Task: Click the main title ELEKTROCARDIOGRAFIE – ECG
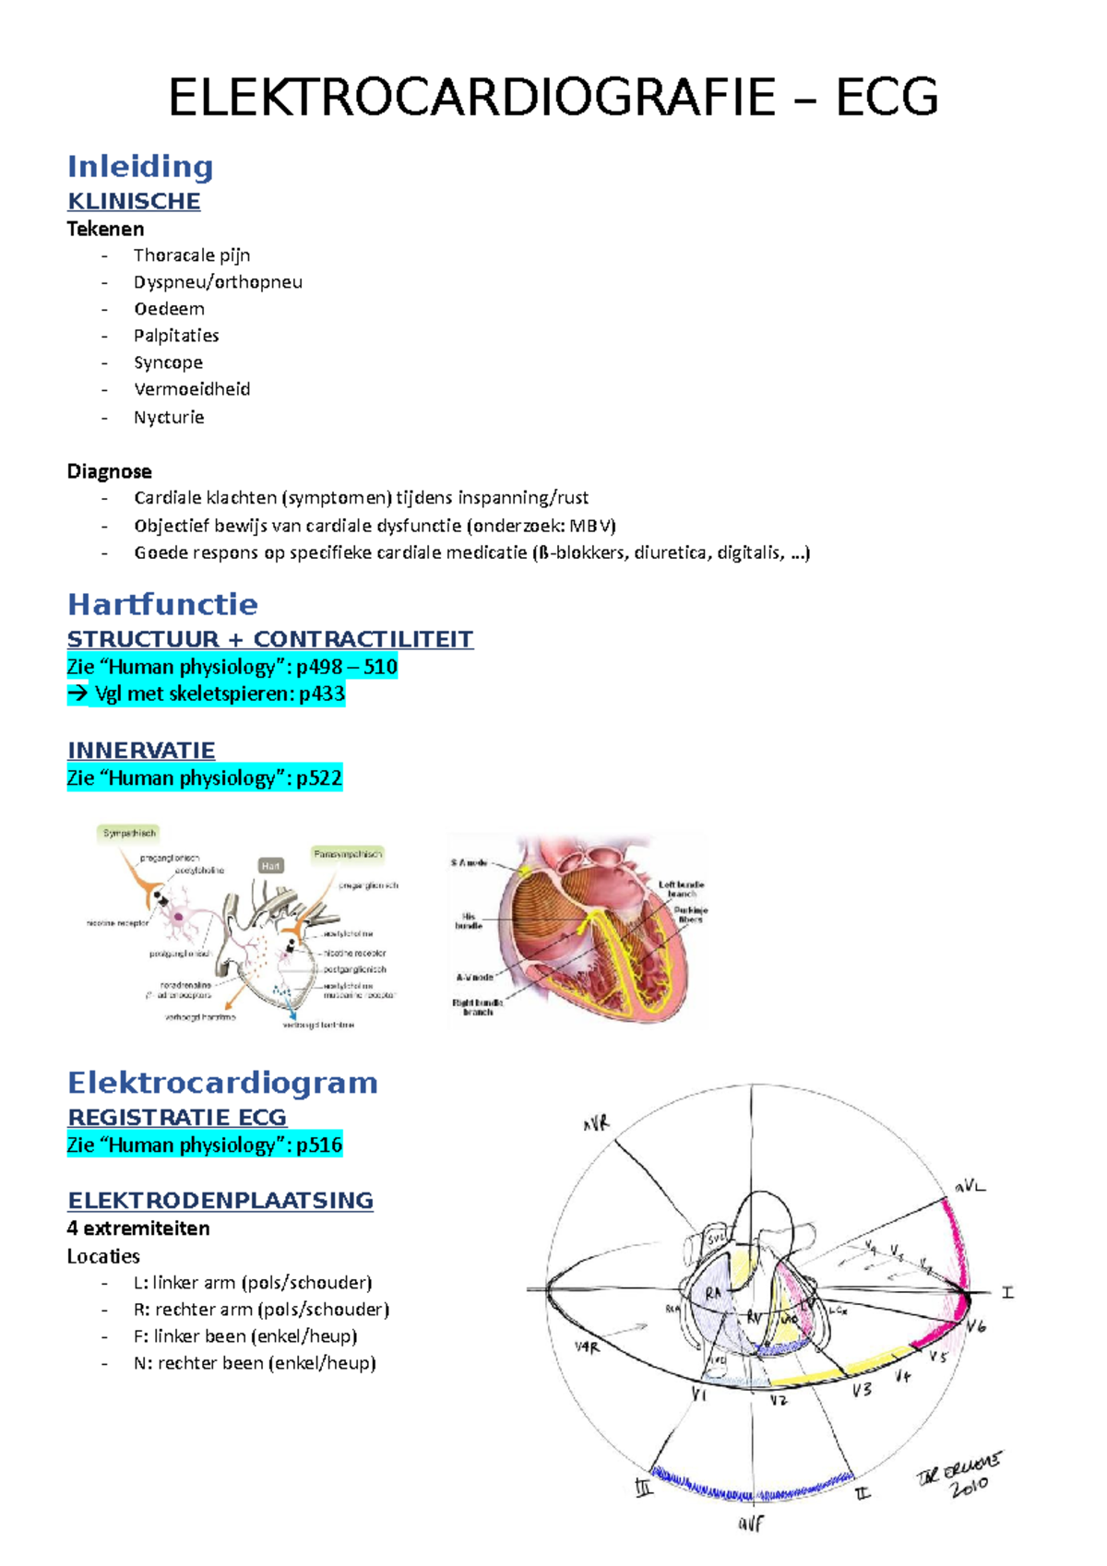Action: click(553, 98)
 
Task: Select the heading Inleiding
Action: click(140, 167)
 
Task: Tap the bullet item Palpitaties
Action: click(176, 336)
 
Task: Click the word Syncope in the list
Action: click(168, 362)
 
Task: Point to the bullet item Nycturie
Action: click(169, 417)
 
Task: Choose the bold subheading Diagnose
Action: click(109, 471)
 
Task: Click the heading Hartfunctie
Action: click(162, 605)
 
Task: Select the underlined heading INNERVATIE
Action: click(141, 751)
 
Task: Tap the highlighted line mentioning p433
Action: click(206, 694)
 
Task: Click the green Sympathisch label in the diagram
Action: click(129, 833)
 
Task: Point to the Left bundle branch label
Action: click(682, 889)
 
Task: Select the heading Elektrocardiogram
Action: click(222, 1083)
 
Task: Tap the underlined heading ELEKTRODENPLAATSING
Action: click(220, 1201)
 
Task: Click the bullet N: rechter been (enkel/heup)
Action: click(254, 1363)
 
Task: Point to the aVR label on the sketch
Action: click(596, 1124)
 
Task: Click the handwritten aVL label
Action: click(970, 1187)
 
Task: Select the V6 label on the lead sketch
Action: click(976, 1326)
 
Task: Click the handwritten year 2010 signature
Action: click(969, 1485)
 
